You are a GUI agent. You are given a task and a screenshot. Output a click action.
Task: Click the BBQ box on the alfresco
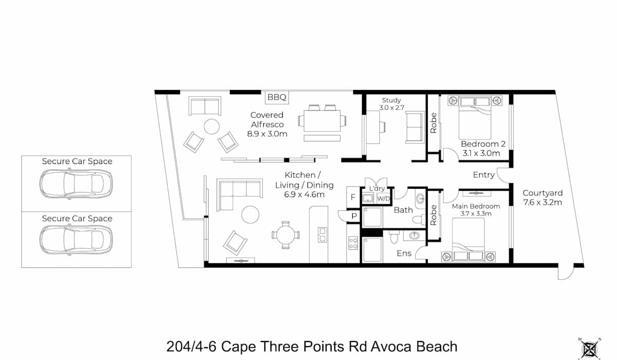(277, 97)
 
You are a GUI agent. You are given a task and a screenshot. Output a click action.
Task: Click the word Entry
(484, 175)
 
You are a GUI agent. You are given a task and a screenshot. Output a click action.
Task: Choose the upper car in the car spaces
(76, 184)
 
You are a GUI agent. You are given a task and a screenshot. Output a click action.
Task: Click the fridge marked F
(353, 197)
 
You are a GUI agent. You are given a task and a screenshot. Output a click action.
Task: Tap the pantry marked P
(354, 216)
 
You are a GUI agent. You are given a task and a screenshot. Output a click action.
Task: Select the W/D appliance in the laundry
(384, 199)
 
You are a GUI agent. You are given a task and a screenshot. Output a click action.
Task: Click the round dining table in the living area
(286, 235)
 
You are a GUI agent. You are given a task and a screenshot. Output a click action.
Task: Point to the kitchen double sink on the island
(322, 235)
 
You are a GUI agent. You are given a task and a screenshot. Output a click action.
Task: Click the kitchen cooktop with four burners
(353, 243)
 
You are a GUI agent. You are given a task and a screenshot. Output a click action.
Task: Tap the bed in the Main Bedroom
(468, 239)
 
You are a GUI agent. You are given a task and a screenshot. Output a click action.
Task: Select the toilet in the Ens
(394, 237)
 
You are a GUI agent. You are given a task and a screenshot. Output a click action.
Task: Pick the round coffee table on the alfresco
(211, 127)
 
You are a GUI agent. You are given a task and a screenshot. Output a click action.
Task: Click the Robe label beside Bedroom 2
(433, 123)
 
